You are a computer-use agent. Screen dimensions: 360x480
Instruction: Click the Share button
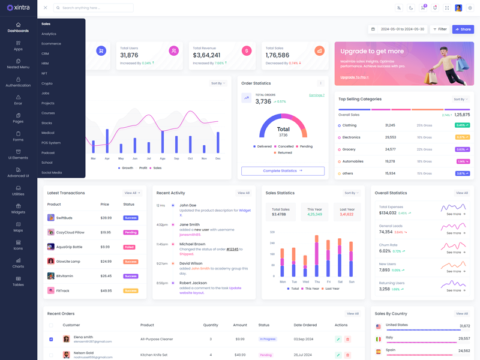(x=463, y=29)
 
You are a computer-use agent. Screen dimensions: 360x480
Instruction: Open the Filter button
(x=440, y=29)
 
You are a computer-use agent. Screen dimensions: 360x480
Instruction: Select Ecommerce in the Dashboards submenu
(x=51, y=44)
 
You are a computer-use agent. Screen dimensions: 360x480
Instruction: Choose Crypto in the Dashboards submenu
(x=47, y=83)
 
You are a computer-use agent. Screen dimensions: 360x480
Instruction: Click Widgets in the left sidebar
(x=18, y=209)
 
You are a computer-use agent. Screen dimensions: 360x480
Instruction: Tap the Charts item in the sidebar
(x=18, y=263)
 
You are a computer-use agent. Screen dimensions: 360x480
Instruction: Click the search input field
(x=96, y=8)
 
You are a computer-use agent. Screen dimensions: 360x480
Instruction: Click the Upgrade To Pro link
(x=354, y=77)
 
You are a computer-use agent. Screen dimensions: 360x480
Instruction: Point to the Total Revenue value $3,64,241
(x=206, y=55)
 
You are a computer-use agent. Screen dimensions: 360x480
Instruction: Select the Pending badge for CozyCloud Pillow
(x=130, y=232)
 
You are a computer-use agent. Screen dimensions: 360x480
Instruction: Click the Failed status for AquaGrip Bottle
(x=129, y=247)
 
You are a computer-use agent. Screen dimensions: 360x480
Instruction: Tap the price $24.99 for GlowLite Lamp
(x=106, y=262)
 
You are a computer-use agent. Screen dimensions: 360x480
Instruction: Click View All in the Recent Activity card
(x=243, y=193)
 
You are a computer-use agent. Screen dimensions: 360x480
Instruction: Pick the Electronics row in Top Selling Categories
(x=352, y=137)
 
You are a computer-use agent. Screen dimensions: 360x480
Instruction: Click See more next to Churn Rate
(x=455, y=252)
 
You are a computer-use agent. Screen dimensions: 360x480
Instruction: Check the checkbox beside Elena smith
(x=51, y=339)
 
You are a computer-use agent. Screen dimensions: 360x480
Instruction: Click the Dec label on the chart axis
(x=218, y=158)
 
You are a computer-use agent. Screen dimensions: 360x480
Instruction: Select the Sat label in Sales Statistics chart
(x=340, y=281)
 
